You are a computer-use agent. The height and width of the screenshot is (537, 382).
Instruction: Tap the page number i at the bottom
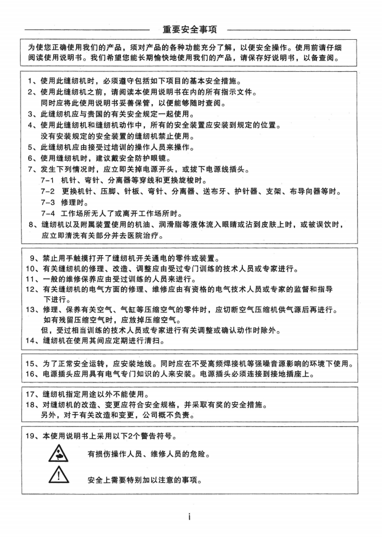tap(190, 516)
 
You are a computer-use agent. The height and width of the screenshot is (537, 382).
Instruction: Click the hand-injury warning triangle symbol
tap(58, 453)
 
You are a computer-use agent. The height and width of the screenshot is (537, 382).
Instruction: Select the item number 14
tap(31, 341)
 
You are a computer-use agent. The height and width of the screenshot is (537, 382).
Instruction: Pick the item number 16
tap(31, 374)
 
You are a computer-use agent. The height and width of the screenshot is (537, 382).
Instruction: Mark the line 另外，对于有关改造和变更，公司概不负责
tap(118, 415)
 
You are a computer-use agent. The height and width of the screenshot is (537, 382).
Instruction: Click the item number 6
tap(31, 158)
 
